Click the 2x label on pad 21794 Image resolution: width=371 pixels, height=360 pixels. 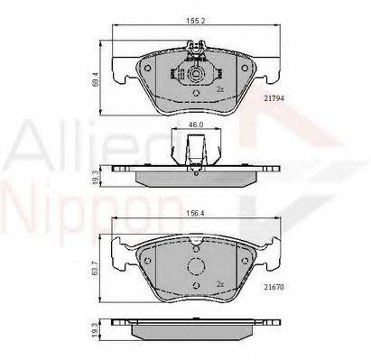point(219,90)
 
